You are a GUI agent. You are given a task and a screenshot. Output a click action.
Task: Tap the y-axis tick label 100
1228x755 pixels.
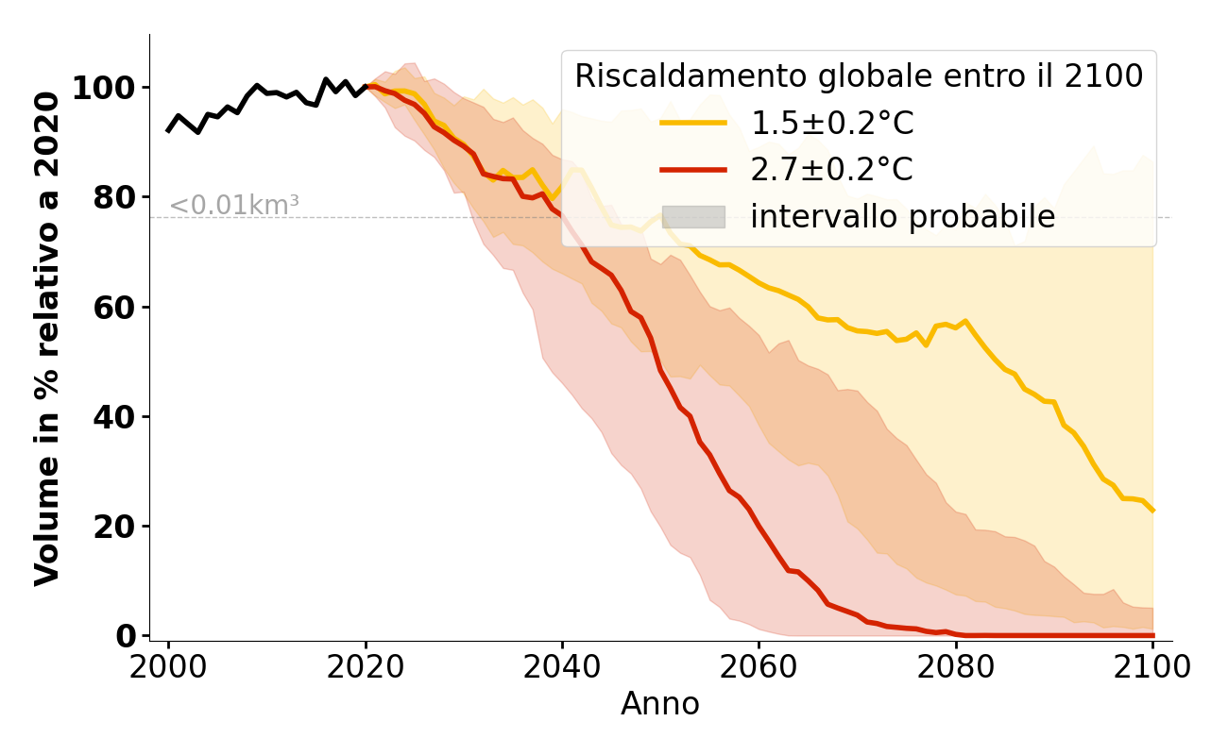click(x=105, y=89)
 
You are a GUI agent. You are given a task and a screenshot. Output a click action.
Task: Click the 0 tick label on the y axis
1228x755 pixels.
click(x=127, y=636)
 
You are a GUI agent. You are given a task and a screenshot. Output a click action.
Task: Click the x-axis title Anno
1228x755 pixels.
click(x=660, y=704)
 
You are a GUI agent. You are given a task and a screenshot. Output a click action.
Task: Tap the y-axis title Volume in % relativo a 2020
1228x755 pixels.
click(x=47, y=338)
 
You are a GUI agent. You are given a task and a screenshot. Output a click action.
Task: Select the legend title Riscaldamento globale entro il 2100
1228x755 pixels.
click(x=859, y=76)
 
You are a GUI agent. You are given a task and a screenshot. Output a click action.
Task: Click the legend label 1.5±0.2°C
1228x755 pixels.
click(x=831, y=124)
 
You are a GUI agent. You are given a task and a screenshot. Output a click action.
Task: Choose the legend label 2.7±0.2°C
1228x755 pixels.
click(x=831, y=170)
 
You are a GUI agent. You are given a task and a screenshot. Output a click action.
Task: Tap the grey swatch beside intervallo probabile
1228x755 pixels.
click(x=693, y=217)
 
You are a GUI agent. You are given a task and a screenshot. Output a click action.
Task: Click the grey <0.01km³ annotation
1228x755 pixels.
click(x=234, y=205)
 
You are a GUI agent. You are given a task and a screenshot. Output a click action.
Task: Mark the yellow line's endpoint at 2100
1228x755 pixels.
click(x=1152, y=511)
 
